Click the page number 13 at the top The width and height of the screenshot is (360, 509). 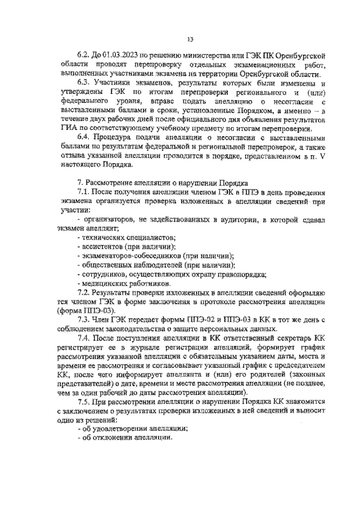[x=190, y=39]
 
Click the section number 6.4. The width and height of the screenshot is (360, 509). [x=83, y=137]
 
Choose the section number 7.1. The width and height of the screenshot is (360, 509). [x=83, y=192]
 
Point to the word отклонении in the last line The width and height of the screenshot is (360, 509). [x=112, y=438]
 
